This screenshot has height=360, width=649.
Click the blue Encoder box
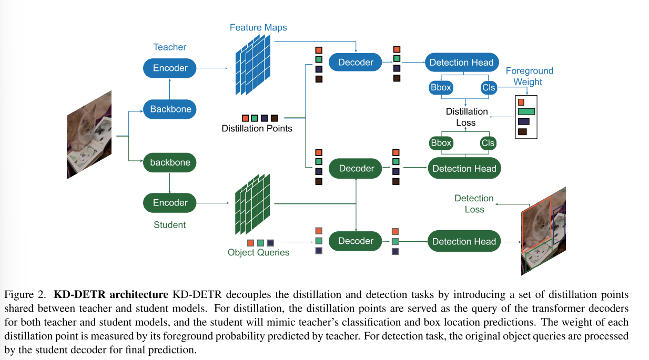pos(170,68)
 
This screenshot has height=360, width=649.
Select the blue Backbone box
pos(170,109)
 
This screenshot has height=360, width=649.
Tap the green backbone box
pos(170,162)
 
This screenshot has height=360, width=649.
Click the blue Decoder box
pos(356,63)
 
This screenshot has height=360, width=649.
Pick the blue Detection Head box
pos(461,63)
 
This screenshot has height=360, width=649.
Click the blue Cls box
pos(489,88)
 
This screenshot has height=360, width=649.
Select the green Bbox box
pos(441,143)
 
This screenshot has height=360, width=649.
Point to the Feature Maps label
pos(258,27)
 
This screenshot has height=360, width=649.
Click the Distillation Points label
pos(257,128)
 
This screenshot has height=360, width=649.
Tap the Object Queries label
pos(258,252)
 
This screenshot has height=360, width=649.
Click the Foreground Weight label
pos(529,76)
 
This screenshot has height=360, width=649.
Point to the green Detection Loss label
pos(474,203)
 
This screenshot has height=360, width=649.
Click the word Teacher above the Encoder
pos(169,47)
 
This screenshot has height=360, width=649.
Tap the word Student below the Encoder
pos(169,225)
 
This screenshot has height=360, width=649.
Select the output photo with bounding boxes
pos(543,230)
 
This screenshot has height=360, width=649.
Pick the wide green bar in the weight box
pos(526,111)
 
